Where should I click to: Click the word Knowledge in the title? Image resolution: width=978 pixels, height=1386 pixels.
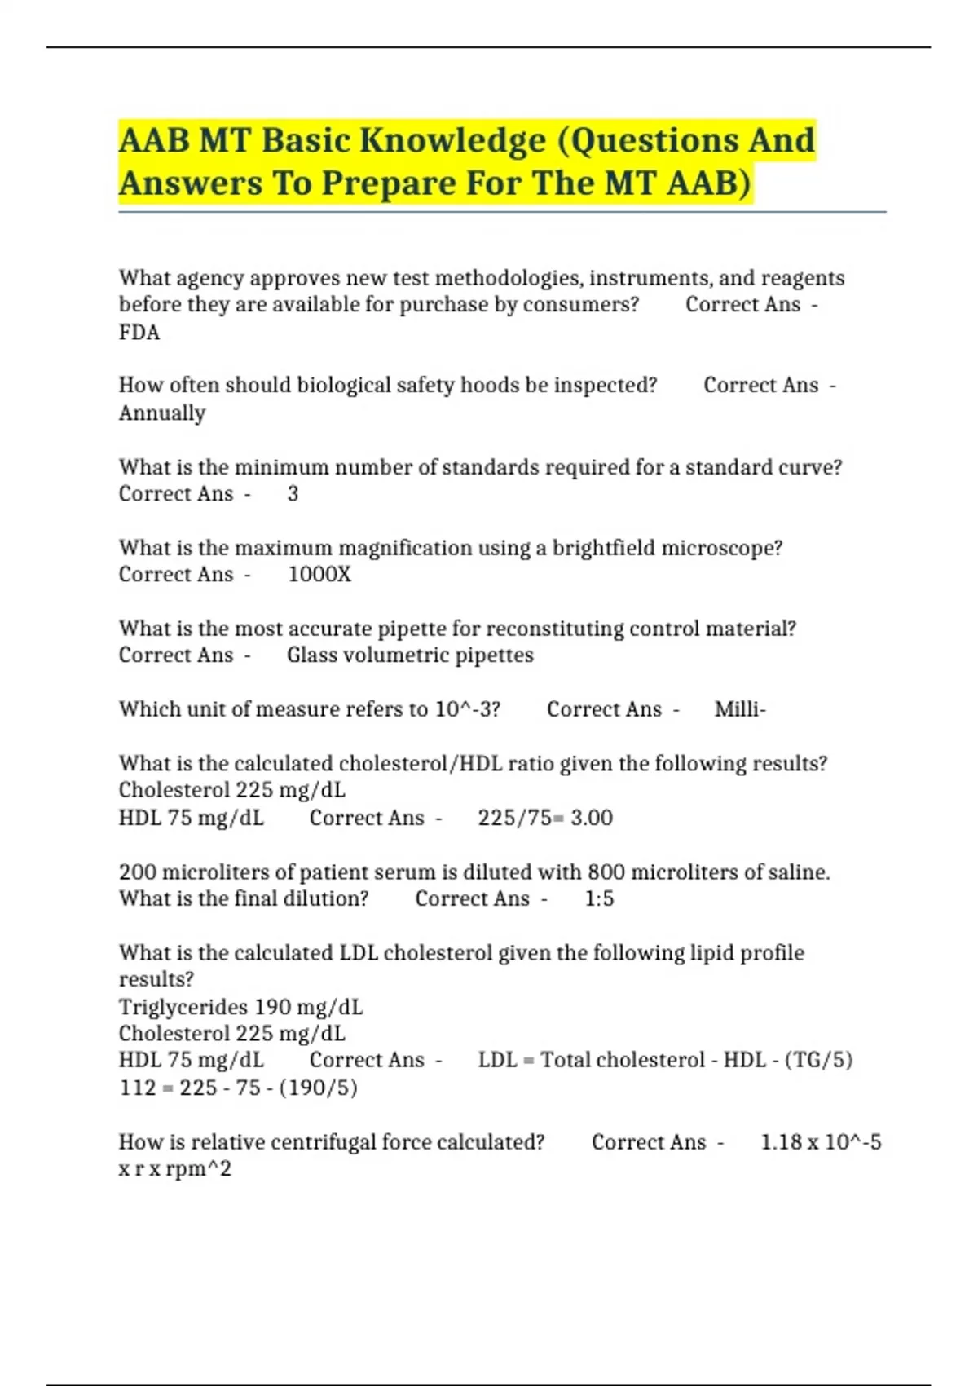[452, 140]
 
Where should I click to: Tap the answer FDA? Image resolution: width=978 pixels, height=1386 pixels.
[139, 333]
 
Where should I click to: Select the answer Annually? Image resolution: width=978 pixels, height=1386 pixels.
[162, 413]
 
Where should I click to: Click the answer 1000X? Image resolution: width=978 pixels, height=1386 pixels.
[319, 575]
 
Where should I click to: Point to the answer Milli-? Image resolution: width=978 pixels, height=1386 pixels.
[740, 709]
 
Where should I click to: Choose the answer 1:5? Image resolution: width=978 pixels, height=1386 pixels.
[599, 898]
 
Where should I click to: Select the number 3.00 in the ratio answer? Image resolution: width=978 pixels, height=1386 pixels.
[592, 818]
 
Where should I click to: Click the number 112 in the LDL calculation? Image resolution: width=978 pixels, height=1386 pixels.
[137, 1088]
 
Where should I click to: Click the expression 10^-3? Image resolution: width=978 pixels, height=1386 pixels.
[467, 709]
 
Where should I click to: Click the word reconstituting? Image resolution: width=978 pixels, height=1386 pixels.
[555, 629]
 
